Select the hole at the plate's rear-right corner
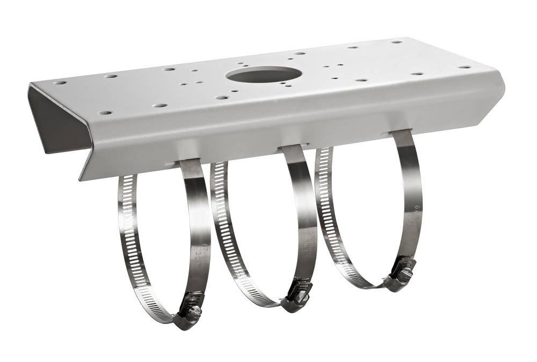[x=396, y=42]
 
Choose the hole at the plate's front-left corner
[x=105, y=113]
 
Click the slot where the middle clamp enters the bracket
[x=293, y=146]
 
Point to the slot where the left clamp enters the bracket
[x=188, y=160]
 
